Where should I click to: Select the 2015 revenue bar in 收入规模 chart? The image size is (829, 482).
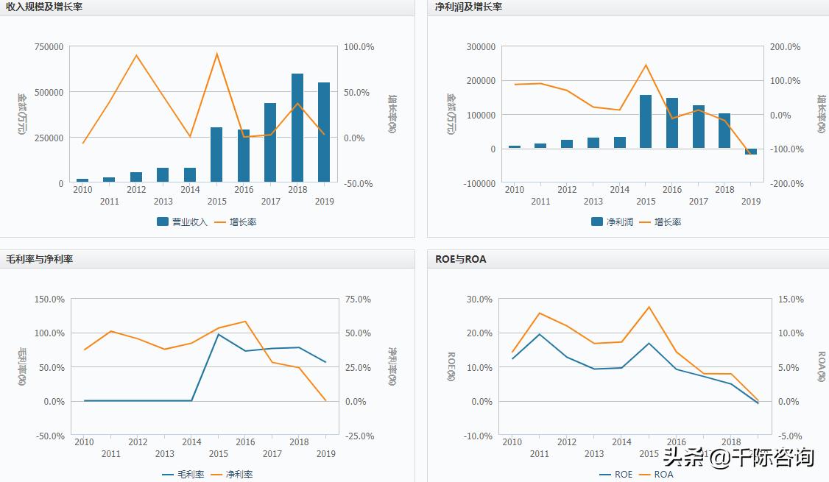pyautogui.click(x=216, y=155)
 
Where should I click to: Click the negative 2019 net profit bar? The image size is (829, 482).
pyautogui.click(x=751, y=152)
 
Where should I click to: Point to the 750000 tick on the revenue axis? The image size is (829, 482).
pyautogui.click(x=49, y=46)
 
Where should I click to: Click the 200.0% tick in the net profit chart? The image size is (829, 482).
pyautogui.click(x=785, y=46)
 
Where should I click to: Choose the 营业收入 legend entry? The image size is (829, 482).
pyautogui.click(x=182, y=221)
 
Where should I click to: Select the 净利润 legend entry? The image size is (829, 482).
pyautogui.click(x=612, y=221)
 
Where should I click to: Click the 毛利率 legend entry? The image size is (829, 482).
pyautogui.click(x=183, y=475)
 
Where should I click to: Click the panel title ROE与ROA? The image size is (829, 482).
pyautogui.click(x=461, y=259)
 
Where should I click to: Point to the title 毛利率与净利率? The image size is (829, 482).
pyautogui.click(x=40, y=259)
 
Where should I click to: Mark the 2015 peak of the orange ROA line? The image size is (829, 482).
pyautogui.click(x=649, y=307)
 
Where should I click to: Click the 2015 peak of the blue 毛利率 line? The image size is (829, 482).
pyautogui.click(x=219, y=334)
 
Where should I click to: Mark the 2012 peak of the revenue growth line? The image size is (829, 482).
pyautogui.click(x=136, y=55)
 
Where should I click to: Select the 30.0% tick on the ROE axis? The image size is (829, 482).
pyautogui.click(x=479, y=299)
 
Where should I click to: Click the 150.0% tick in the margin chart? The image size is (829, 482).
pyautogui.click(x=49, y=299)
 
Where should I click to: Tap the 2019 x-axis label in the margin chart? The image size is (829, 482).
pyautogui.click(x=326, y=454)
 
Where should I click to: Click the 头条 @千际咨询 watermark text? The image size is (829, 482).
pyautogui.click(x=738, y=457)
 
